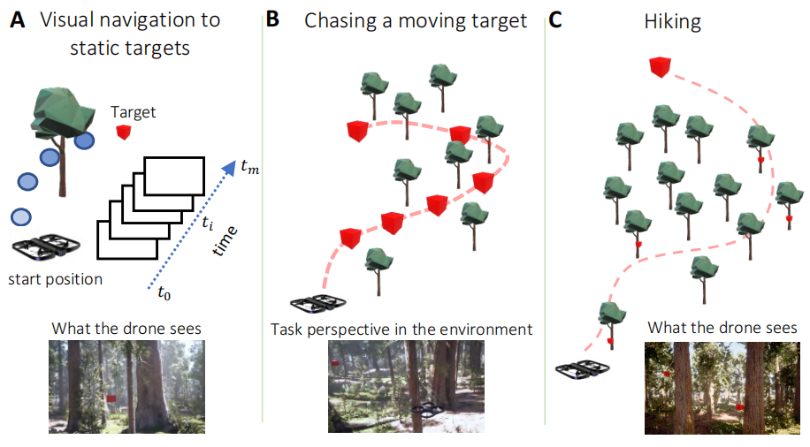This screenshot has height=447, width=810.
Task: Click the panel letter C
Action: coord(555,19)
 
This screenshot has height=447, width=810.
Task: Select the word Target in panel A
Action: coord(134,112)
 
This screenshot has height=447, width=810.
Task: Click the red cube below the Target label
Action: coord(124,133)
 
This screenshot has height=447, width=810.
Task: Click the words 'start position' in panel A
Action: coord(55,280)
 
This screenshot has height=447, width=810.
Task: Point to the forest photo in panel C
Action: coord(721,388)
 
